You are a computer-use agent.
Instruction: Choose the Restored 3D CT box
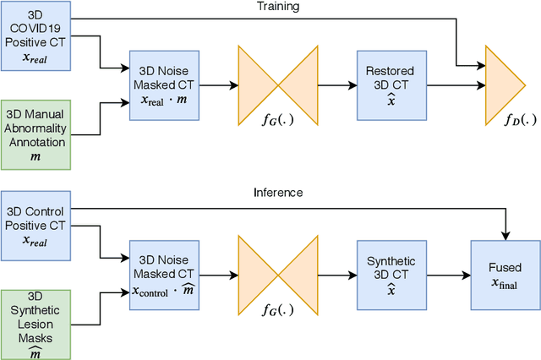391,85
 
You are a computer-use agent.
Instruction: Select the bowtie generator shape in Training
278,85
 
